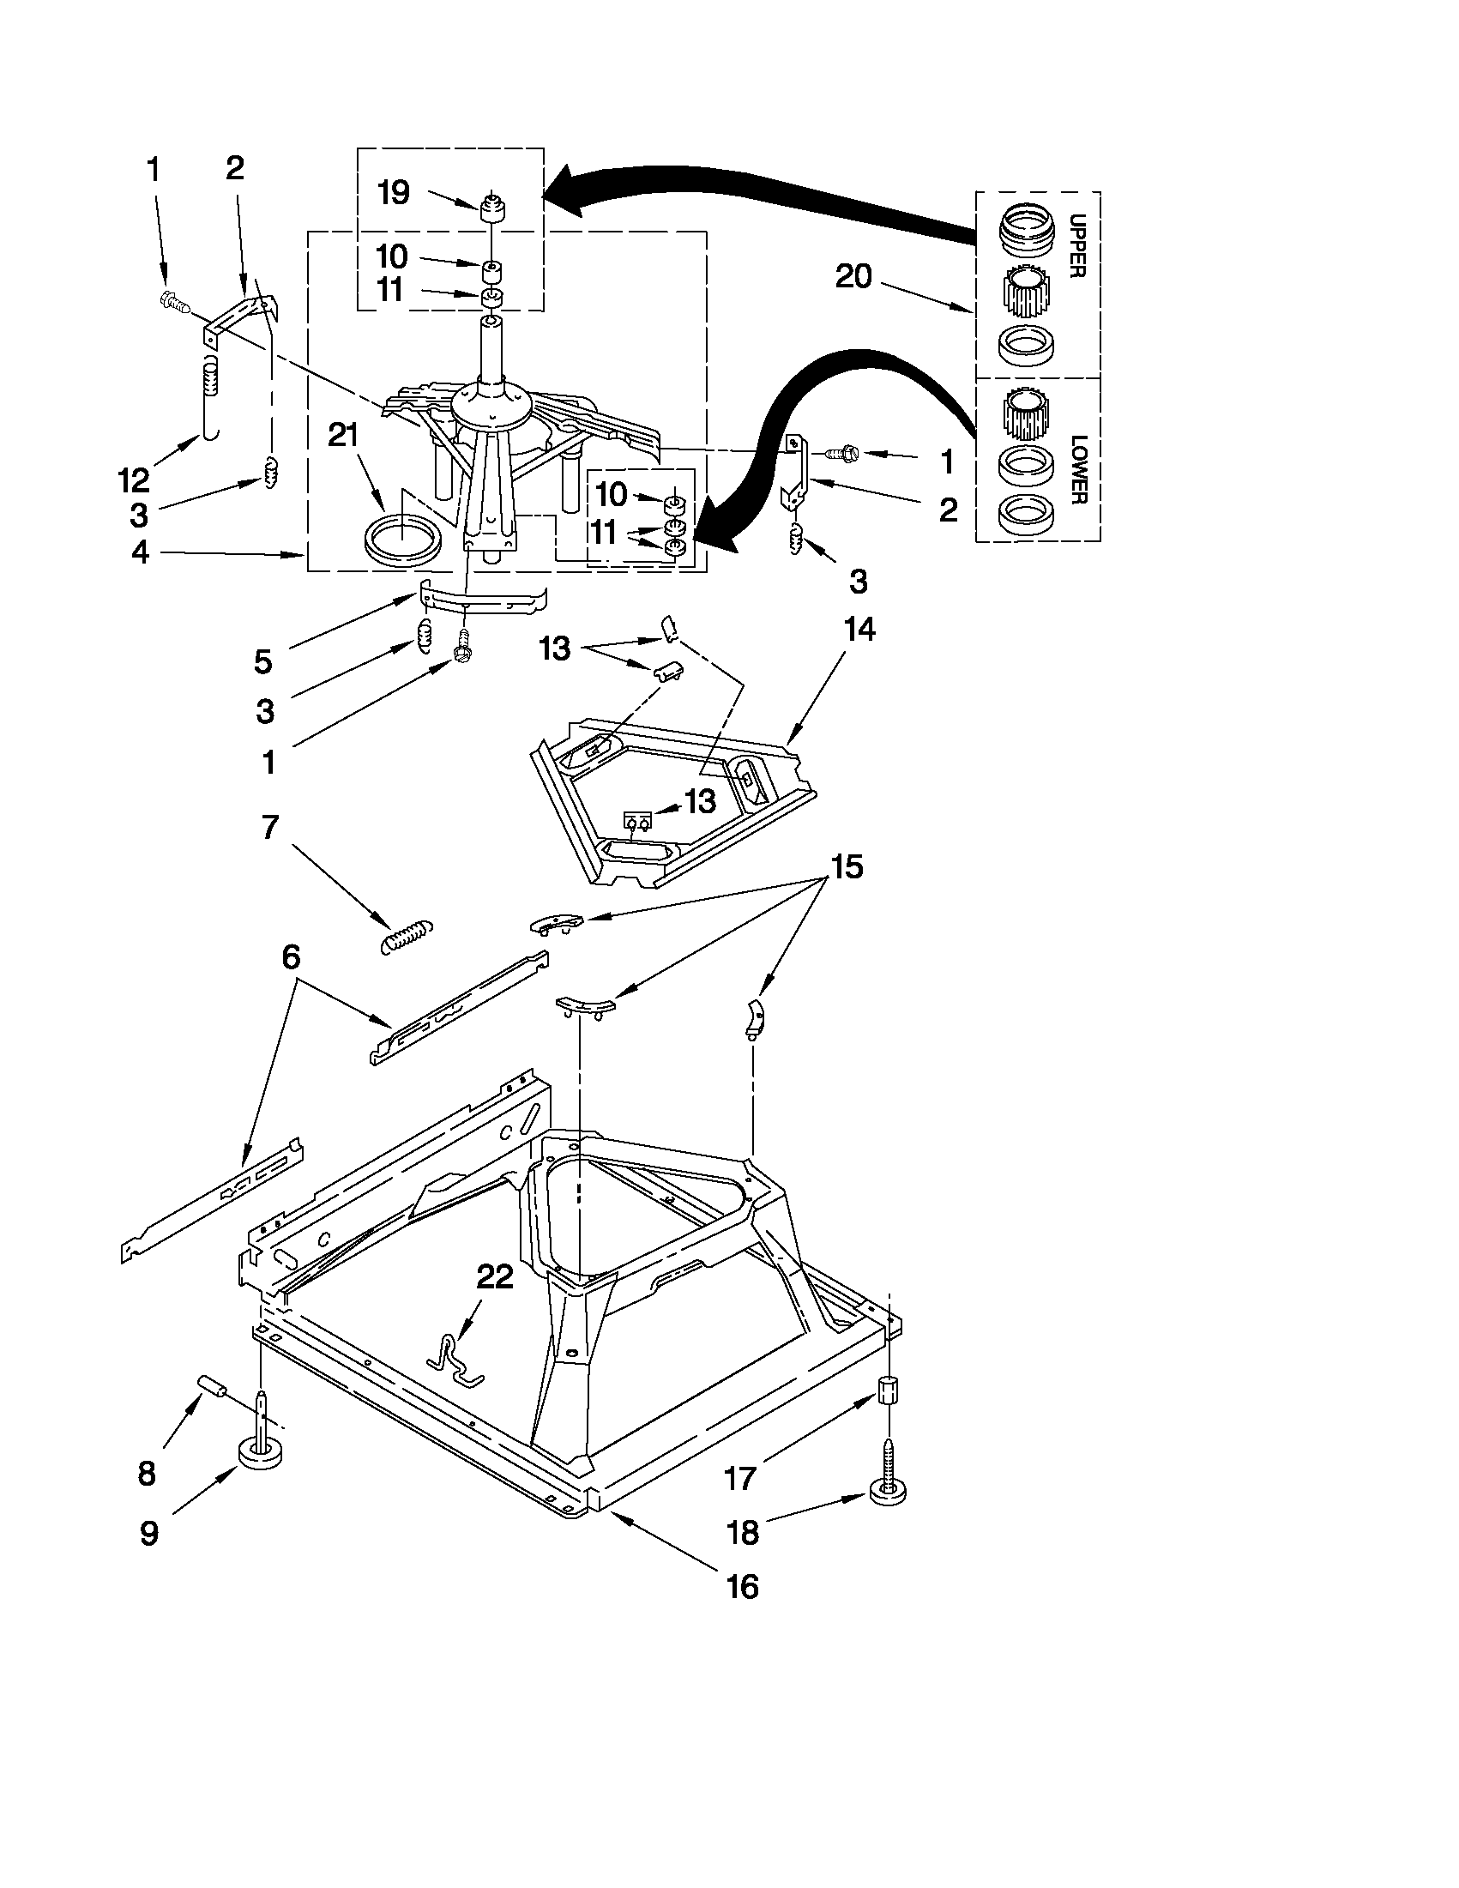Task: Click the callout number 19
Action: (395, 193)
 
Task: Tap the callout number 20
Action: (853, 276)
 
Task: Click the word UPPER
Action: (1076, 245)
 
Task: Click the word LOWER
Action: (1078, 470)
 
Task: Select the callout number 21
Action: (343, 435)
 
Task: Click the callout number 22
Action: (495, 1276)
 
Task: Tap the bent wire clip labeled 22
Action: (455, 1359)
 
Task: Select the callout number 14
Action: (859, 630)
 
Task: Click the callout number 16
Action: (743, 1587)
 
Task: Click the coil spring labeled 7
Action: (407, 936)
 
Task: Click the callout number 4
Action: (141, 552)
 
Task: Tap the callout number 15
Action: (847, 866)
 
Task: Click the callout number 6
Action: (291, 956)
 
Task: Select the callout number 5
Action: (262, 662)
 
